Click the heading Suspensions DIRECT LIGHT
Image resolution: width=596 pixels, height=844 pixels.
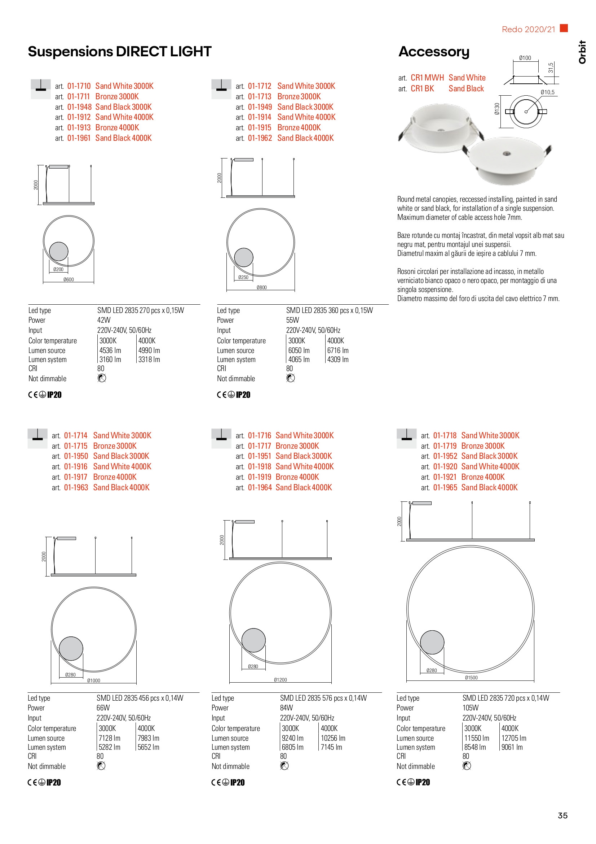pyautogui.click(x=119, y=52)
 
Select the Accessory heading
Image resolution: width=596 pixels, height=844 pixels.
pyautogui.click(x=434, y=52)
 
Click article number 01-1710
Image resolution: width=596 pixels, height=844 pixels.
pyautogui.click(x=79, y=86)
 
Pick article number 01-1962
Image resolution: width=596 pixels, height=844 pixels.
pyautogui.click(x=260, y=138)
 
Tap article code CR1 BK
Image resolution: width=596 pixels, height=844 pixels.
pyautogui.click(x=422, y=88)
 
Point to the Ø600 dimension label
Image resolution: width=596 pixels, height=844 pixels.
pyautogui.click(x=69, y=280)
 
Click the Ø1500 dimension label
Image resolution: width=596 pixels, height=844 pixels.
pyautogui.click(x=471, y=678)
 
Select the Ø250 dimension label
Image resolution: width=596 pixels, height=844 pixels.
pyautogui.click(x=243, y=278)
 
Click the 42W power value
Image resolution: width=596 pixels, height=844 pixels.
pyautogui.click(x=103, y=320)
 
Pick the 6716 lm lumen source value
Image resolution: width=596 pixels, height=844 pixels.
pyautogui.click(x=337, y=350)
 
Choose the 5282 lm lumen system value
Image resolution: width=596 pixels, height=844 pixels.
pyautogui.click(x=109, y=747)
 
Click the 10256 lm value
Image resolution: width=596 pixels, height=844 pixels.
pyautogui.click(x=333, y=738)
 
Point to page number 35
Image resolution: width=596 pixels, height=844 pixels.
pyautogui.click(x=562, y=815)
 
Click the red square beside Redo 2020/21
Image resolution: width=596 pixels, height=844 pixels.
pyautogui.click(x=564, y=28)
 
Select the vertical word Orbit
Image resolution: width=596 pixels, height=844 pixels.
pyautogui.click(x=582, y=52)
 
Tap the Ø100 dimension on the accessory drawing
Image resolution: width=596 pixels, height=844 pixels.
pyautogui.click(x=525, y=58)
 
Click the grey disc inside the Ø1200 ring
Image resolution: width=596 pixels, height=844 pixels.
pyautogui.click(x=253, y=640)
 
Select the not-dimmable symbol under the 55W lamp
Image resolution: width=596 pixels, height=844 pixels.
pyautogui.click(x=290, y=378)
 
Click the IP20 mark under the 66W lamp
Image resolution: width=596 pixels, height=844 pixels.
pyautogui.click(x=54, y=782)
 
